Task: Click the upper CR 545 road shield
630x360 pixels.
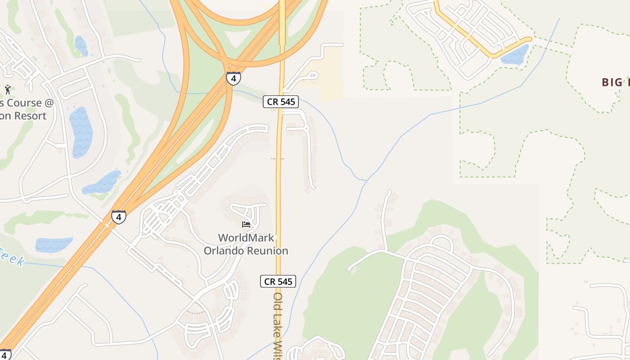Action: coord(281,102)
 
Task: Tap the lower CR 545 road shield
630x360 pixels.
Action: coord(278,282)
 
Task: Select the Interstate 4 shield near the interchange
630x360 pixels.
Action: coord(233,78)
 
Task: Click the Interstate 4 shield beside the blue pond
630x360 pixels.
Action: coord(118,217)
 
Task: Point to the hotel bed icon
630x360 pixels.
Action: coord(246,224)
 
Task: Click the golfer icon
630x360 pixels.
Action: coord(7,89)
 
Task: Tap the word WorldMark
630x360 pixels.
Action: coord(246,238)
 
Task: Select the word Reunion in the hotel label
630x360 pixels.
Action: coord(266,251)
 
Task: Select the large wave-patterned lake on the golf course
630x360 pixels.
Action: coord(81,132)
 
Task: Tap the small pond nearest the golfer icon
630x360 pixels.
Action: coord(81,46)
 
